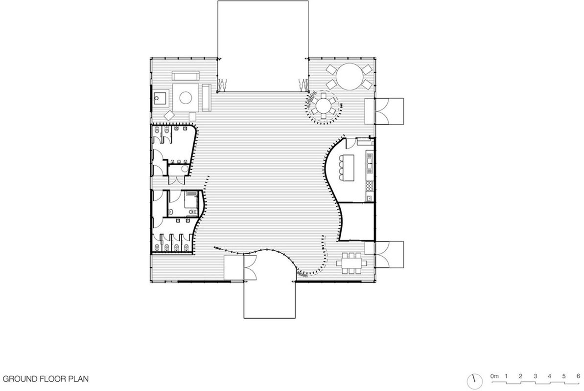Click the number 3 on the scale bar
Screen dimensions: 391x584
pos(535,376)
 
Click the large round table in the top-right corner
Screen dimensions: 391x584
pos(350,76)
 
